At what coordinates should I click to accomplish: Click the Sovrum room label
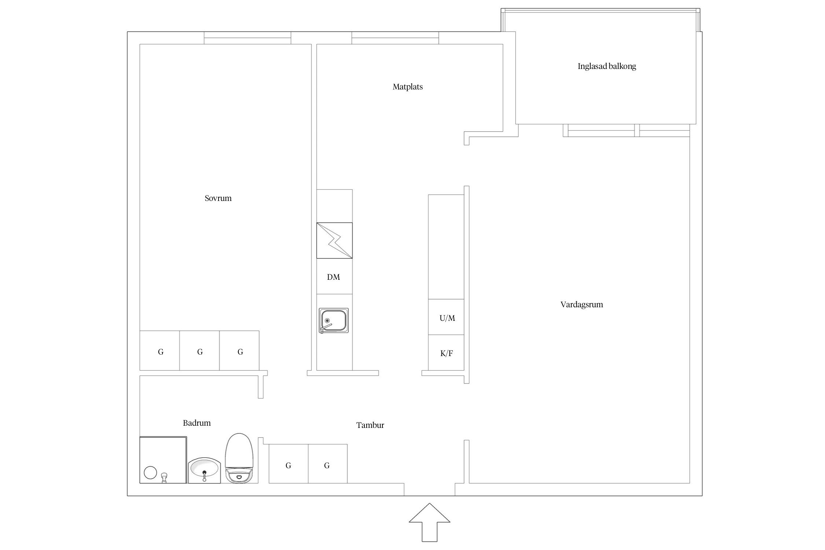(x=218, y=198)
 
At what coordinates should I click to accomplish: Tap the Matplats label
(x=408, y=87)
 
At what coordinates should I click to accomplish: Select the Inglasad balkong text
(x=607, y=66)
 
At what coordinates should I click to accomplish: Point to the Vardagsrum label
(x=582, y=305)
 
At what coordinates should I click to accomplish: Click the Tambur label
(x=370, y=425)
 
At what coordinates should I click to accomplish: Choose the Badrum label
(x=197, y=423)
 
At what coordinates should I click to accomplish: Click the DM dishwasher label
(x=334, y=277)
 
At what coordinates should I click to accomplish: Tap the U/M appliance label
(x=447, y=318)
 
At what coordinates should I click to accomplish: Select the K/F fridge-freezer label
(x=447, y=353)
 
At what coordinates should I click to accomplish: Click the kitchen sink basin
(x=334, y=320)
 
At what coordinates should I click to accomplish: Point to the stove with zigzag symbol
(x=334, y=241)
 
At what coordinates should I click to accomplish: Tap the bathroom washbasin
(x=204, y=470)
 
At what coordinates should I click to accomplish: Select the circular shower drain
(x=150, y=473)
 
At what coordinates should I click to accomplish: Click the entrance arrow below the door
(x=429, y=522)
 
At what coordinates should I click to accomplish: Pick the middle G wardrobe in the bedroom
(x=199, y=351)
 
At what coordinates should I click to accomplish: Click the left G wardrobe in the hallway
(x=289, y=464)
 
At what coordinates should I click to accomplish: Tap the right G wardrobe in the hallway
(x=328, y=464)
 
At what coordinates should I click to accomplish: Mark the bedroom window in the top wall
(x=247, y=38)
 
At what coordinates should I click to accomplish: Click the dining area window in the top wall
(x=395, y=38)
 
